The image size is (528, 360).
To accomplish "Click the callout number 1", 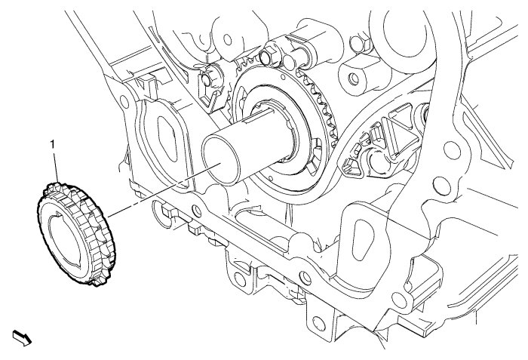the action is point(52,145).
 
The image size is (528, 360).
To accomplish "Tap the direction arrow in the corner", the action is point(22,338).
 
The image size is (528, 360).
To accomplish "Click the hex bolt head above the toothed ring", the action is point(267,54).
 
